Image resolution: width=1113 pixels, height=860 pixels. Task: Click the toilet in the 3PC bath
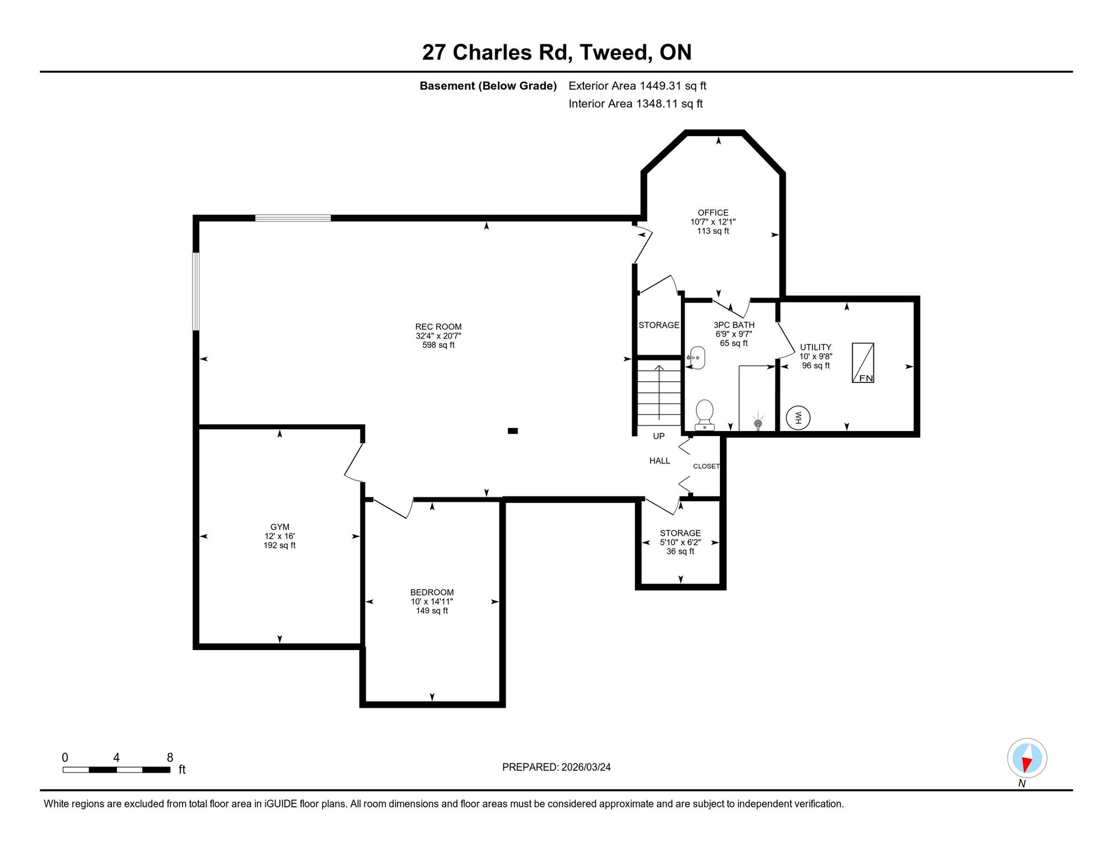704,415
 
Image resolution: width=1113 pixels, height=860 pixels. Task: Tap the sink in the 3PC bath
696,358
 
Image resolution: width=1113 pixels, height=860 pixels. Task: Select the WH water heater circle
798,418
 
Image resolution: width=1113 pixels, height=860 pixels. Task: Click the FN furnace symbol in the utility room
863,363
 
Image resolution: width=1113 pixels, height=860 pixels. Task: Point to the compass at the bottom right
1027,759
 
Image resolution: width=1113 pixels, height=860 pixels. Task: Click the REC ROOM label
438,327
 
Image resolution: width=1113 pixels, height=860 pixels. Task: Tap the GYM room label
280,527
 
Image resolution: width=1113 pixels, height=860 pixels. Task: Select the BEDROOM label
432,592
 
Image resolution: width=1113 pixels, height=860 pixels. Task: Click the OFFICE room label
713,213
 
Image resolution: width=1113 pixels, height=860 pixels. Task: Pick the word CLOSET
706,466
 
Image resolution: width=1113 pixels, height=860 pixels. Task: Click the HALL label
660,461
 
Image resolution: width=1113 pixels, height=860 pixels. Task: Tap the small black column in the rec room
513,431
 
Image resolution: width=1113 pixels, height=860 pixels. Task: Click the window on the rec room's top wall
293,218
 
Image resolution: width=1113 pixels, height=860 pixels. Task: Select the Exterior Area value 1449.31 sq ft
673,86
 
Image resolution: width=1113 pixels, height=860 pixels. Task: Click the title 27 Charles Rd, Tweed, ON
556,53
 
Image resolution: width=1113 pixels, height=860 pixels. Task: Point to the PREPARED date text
556,767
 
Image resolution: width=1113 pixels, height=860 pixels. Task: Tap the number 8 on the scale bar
170,758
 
